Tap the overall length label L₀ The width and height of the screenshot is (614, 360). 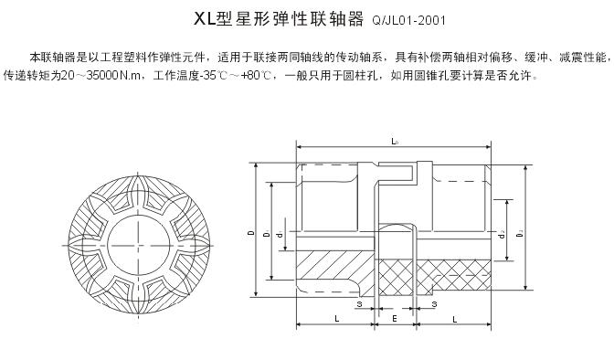(394, 142)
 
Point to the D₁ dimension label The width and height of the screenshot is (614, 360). (265, 235)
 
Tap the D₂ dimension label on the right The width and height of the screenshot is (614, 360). (520, 238)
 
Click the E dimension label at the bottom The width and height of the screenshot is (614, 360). (394, 320)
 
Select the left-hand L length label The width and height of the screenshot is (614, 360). (337, 320)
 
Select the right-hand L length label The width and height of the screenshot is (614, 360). (454, 320)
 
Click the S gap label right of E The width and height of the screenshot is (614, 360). (434, 303)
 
